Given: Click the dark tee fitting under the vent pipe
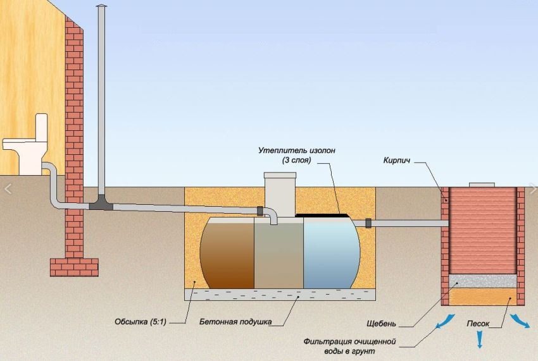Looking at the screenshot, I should (x=101, y=203).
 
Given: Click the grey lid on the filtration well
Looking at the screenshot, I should (x=482, y=185).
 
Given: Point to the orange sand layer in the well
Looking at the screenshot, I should (x=482, y=294).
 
